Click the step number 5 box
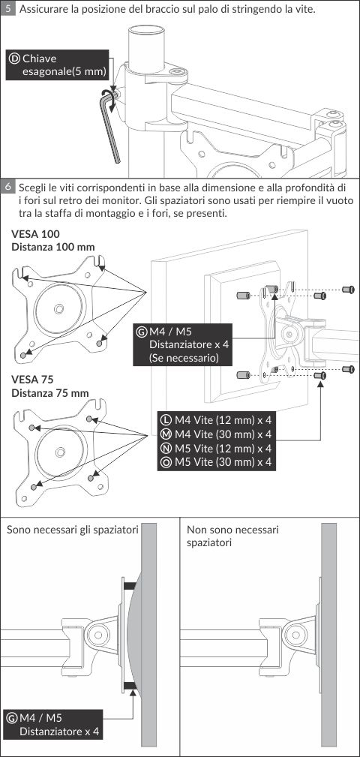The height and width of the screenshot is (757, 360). [7, 9]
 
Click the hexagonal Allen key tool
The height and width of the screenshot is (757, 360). [110, 125]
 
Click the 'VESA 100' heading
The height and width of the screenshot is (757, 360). [36, 234]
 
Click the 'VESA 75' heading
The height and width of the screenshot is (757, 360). [33, 380]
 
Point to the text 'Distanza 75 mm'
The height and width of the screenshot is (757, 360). [50, 392]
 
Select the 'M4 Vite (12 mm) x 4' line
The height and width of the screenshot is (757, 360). [217, 420]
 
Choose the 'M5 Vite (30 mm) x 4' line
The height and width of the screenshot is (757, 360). [217, 462]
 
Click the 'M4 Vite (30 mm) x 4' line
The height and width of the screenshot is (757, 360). [217, 434]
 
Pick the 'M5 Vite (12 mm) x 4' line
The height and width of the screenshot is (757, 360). [217, 448]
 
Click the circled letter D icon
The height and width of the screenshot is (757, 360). [14, 59]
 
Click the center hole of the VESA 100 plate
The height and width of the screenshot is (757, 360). [58, 308]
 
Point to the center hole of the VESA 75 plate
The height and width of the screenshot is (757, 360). [60, 452]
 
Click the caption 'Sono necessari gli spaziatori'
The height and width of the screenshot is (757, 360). [73, 530]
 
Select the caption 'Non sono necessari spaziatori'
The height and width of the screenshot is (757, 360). [232, 536]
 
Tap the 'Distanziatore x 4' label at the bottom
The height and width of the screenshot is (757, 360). [59, 731]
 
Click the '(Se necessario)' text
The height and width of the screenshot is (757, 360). [184, 358]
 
